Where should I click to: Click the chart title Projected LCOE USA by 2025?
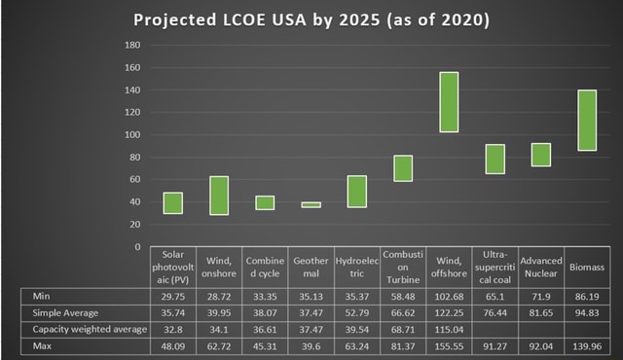[311, 19]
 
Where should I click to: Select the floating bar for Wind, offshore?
[450, 102]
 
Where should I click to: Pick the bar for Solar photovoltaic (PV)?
[172, 202]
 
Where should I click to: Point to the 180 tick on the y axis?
[132, 46]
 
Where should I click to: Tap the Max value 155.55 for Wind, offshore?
[450, 346]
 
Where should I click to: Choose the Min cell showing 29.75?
[172, 295]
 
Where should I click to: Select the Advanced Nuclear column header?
[540, 267]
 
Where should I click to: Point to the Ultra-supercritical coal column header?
[495, 267]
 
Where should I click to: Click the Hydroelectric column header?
[356, 267]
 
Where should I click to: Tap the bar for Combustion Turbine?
[403, 168]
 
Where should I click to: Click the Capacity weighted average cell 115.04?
[450, 329]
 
